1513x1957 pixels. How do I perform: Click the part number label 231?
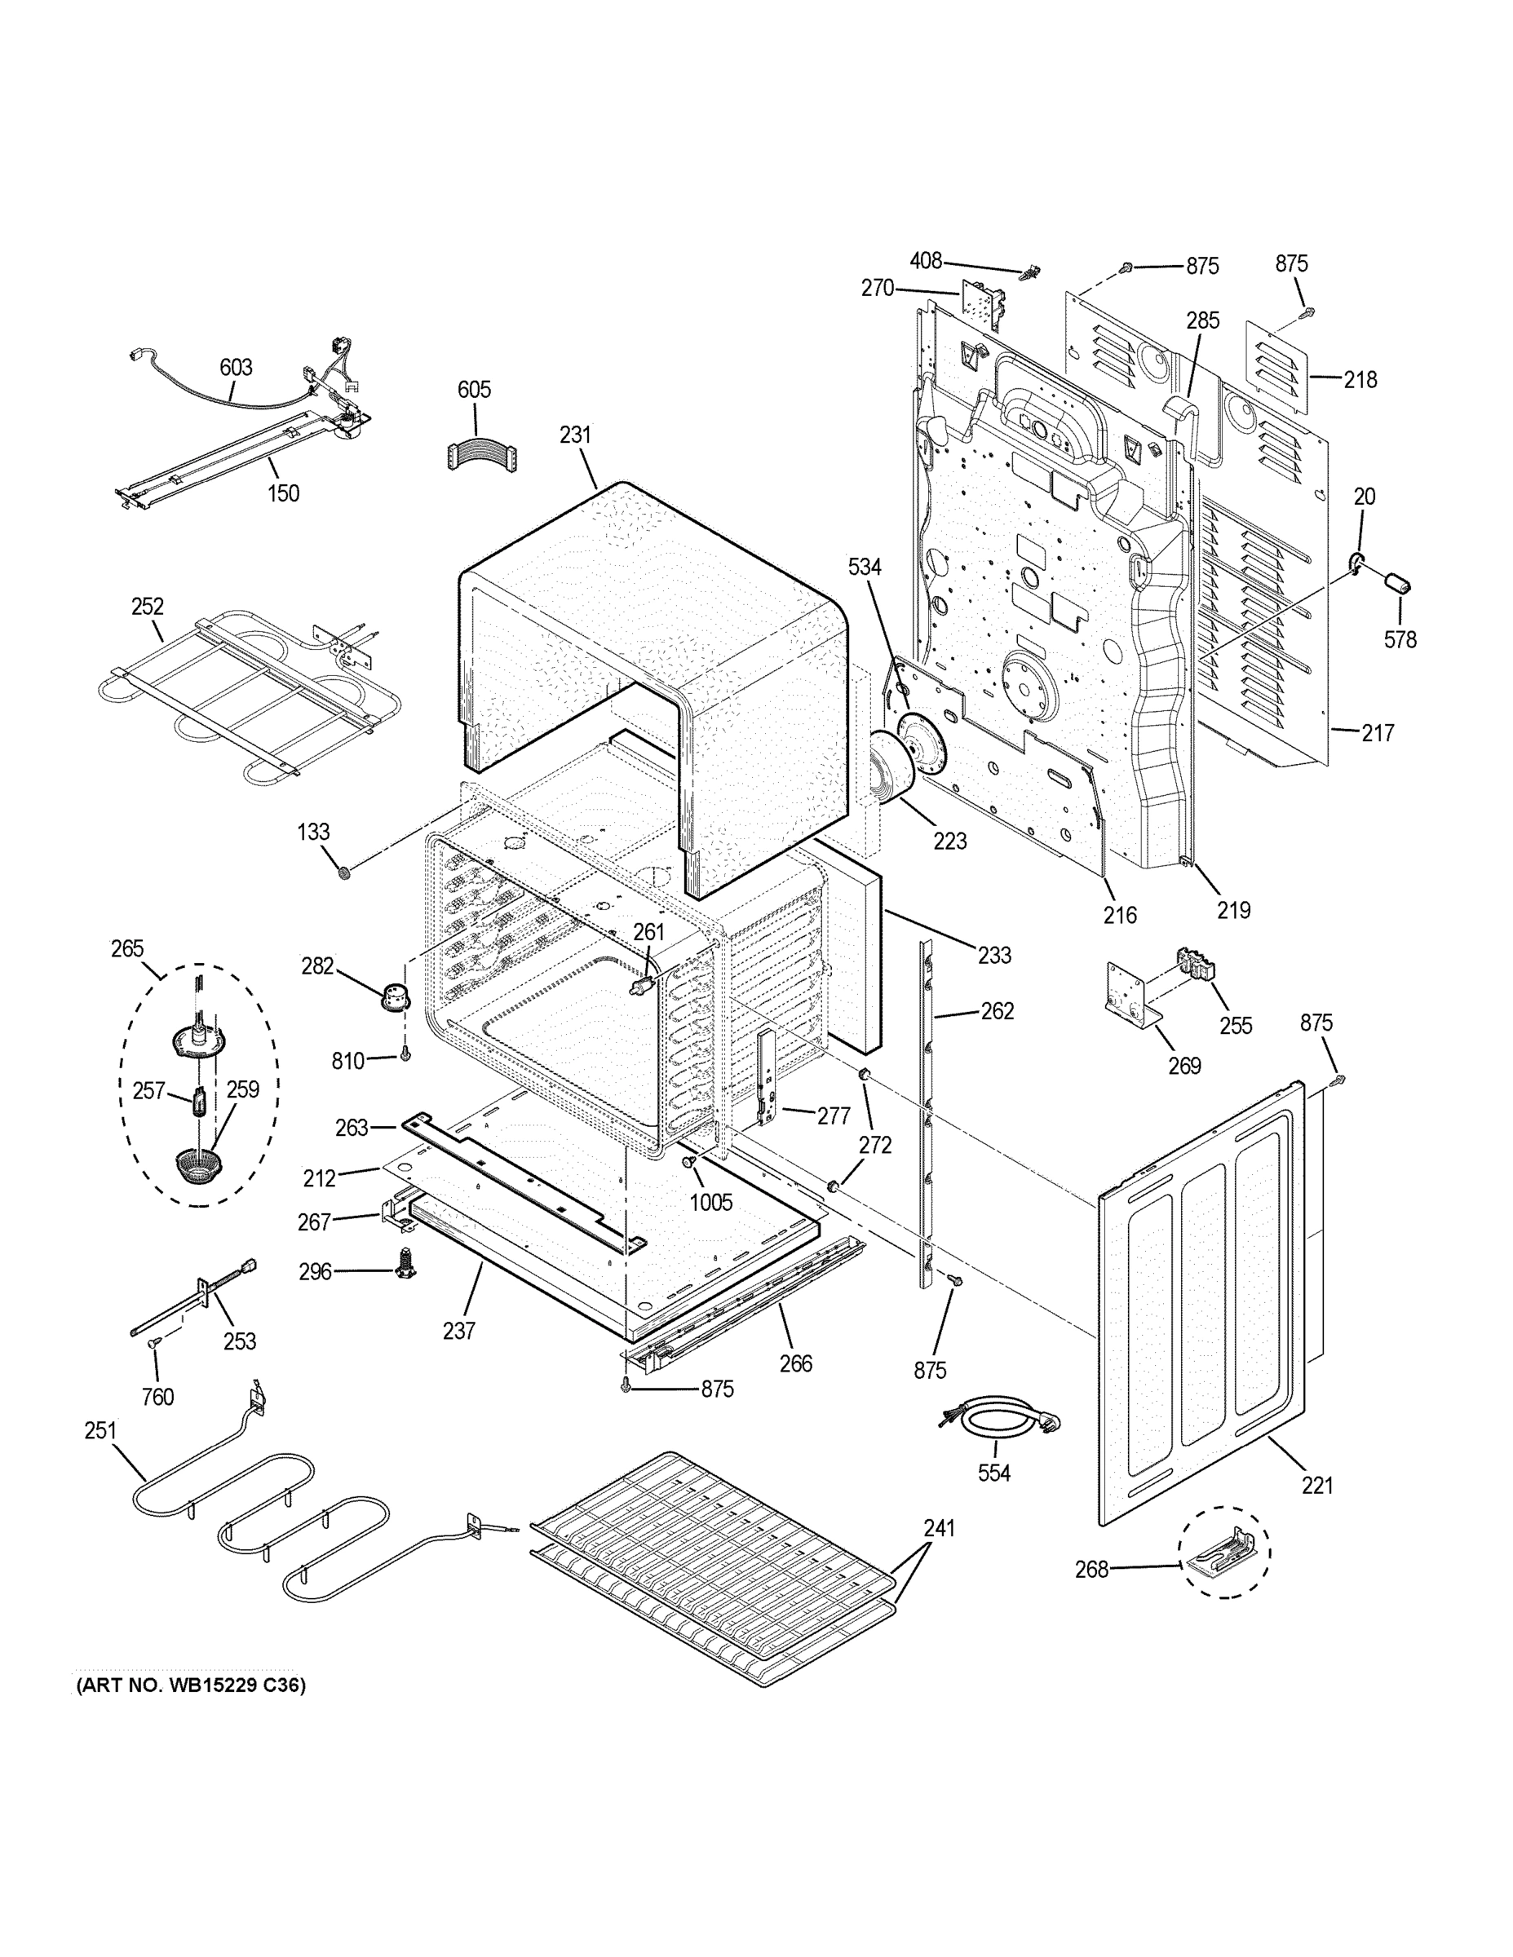[576, 435]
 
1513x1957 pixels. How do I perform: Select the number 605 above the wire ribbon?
[474, 390]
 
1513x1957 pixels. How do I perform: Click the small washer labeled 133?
[342, 871]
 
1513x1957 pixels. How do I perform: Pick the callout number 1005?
[710, 1202]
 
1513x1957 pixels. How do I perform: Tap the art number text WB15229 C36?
[190, 1685]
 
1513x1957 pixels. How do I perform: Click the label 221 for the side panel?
[1317, 1485]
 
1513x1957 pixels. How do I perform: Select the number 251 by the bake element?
[100, 1430]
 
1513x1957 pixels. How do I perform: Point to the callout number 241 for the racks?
[940, 1528]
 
